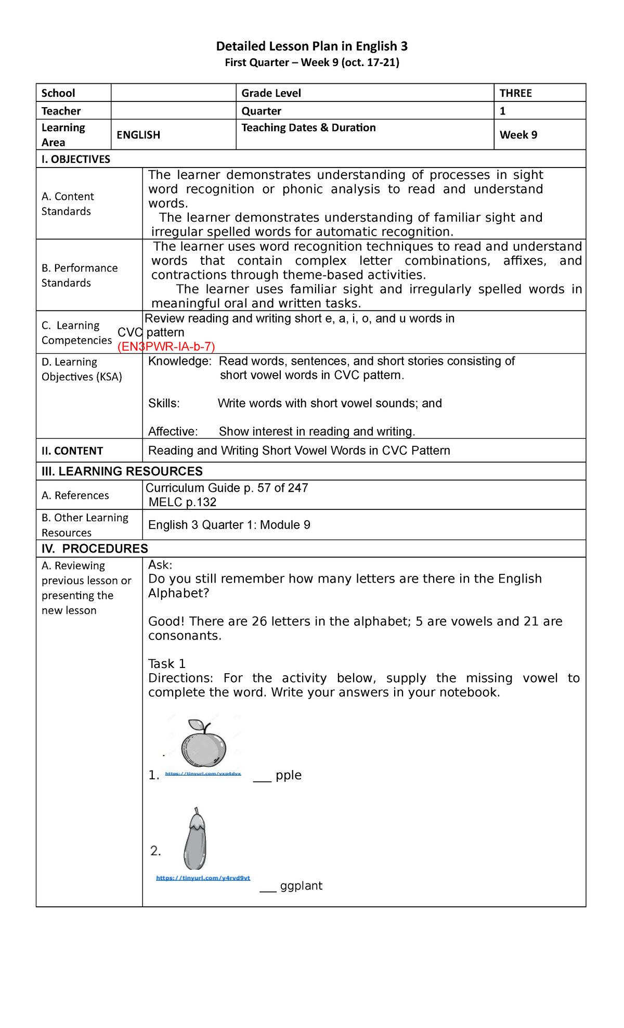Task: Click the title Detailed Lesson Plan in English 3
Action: (311, 46)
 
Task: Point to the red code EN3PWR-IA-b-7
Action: (166, 347)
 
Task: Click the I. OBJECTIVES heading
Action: (76, 159)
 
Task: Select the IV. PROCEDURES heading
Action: (95, 549)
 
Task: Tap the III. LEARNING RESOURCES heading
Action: (122, 471)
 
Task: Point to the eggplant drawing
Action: (196, 839)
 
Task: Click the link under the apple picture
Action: (203, 774)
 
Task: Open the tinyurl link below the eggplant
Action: (203, 878)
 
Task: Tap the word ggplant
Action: (301, 886)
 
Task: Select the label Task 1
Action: (166, 664)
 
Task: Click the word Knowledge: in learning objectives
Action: (179, 361)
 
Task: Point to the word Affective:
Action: (173, 431)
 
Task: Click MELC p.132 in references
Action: (182, 502)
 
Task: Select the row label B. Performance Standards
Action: (80, 275)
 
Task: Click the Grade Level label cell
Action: (271, 93)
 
